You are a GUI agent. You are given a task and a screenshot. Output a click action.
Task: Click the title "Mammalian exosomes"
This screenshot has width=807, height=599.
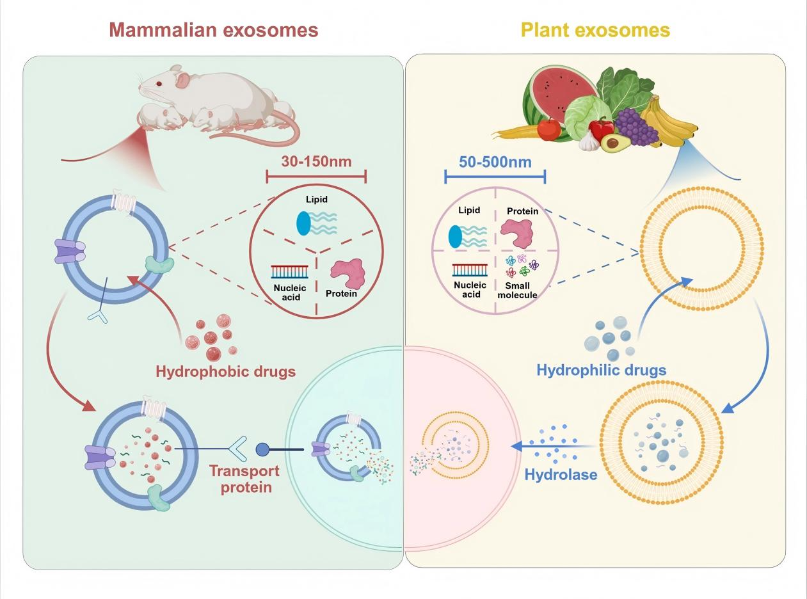(214, 29)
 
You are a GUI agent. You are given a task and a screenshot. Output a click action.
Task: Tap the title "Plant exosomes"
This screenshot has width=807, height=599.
(595, 29)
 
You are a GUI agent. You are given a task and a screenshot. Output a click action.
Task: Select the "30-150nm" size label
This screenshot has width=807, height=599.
(316, 161)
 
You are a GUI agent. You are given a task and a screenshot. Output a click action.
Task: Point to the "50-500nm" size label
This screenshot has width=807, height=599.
(495, 161)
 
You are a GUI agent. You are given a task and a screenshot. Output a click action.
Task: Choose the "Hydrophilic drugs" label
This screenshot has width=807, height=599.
(602, 369)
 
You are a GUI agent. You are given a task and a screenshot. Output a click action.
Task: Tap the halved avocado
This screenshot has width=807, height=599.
(616, 143)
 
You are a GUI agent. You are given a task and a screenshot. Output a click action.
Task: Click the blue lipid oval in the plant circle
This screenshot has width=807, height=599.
(456, 236)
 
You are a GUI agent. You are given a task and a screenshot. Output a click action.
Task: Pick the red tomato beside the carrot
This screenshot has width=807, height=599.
(548, 129)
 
